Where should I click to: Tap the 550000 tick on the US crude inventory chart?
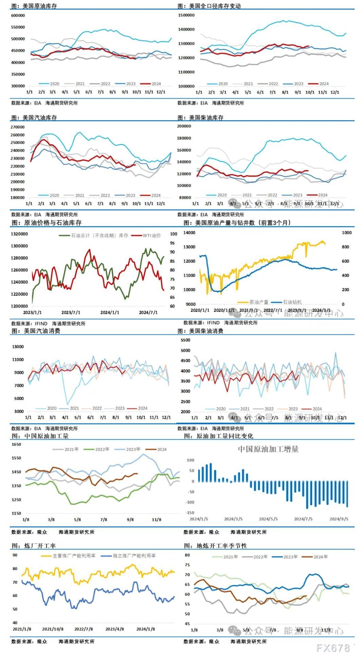(18, 27)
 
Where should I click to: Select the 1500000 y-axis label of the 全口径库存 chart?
(186, 15)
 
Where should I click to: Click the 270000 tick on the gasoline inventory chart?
(18, 127)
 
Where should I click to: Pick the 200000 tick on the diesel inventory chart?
(184, 126)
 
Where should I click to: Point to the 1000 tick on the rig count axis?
(346, 233)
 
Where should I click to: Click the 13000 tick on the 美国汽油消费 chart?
(18, 347)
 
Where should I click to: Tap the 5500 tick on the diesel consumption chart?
(185, 340)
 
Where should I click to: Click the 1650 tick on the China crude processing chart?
(16, 444)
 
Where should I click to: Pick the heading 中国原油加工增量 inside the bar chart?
(268, 449)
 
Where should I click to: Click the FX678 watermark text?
(333, 648)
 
